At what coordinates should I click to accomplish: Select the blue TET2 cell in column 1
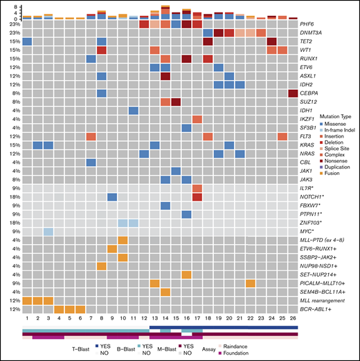coord(27,43)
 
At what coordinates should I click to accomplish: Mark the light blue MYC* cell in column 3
coord(48,231)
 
